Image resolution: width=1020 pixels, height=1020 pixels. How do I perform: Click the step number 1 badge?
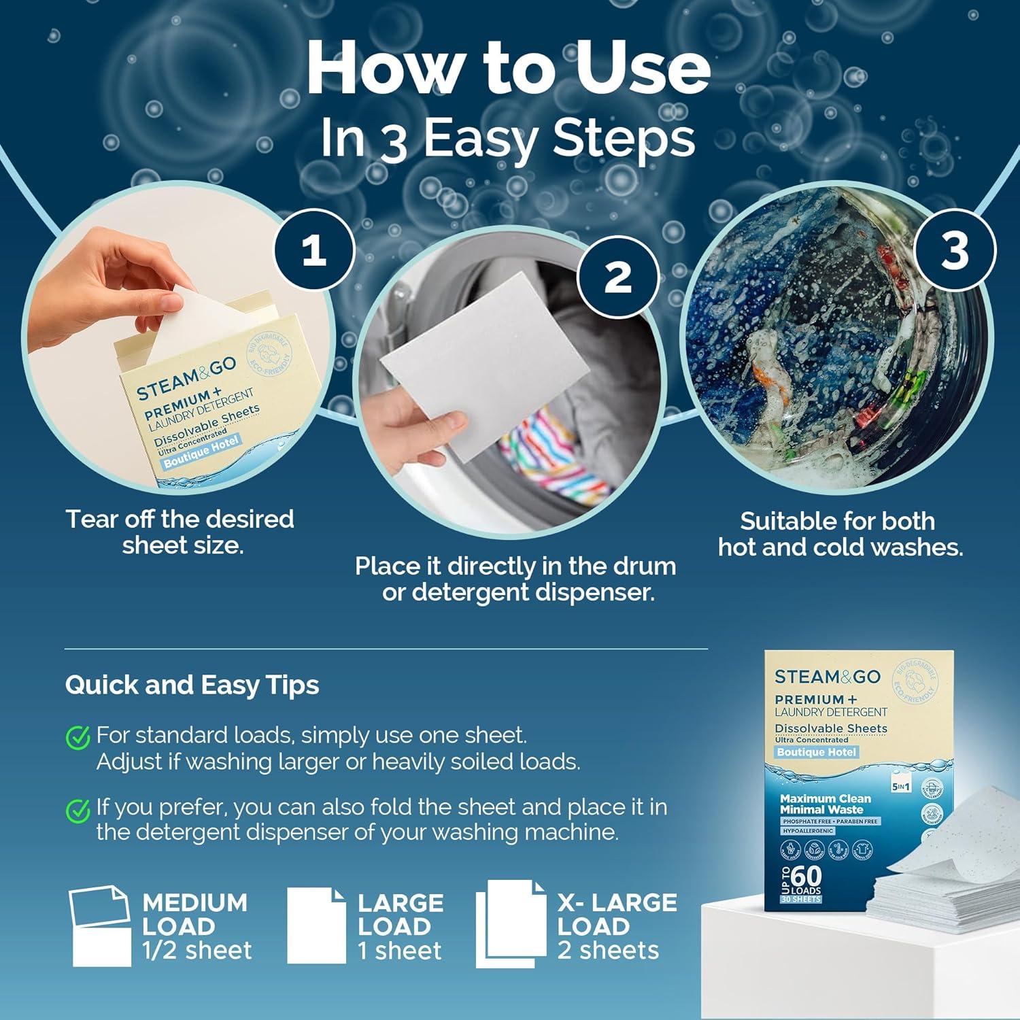pyautogui.click(x=313, y=252)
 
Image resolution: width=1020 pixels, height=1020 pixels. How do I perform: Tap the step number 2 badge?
pyautogui.click(x=617, y=277)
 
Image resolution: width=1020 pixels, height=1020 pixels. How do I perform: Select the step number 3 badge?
pyautogui.click(x=954, y=250)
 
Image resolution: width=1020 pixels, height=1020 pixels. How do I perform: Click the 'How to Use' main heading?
pyautogui.click(x=509, y=69)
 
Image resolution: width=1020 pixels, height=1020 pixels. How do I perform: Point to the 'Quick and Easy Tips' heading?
pyautogui.click(x=192, y=685)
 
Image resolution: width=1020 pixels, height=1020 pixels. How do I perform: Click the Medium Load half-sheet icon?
pyautogui.click(x=101, y=926)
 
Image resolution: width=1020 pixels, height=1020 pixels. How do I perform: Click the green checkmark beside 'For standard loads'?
pyautogui.click(x=78, y=736)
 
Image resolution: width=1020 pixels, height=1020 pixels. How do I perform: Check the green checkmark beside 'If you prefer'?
pyautogui.click(x=78, y=809)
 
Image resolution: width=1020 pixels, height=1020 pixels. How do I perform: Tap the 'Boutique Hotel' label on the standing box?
pyautogui.click(x=817, y=752)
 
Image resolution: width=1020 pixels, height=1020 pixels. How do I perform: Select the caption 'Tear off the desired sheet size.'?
pyautogui.click(x=180, y=532)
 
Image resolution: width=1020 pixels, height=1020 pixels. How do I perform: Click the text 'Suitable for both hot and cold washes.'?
pyautogui.click(x=840, y=534)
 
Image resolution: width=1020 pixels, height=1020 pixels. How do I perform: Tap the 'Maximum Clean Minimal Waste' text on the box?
pyautogui.click(x=824, y=804)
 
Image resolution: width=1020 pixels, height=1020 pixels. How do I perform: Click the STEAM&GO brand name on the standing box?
pyautogui.click(x=827, y=677)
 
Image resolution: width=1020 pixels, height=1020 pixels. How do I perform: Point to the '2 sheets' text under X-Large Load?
pyautogui.click(x=608, y=950)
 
